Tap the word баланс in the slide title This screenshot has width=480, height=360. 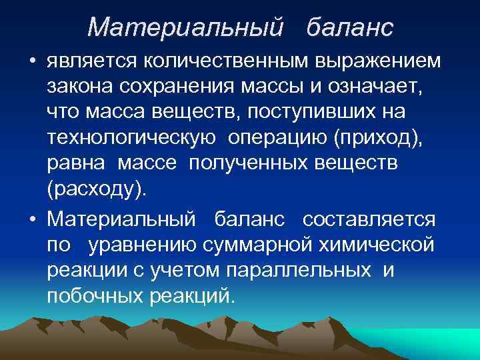[350, 27]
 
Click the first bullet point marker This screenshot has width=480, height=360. [31, 63]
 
